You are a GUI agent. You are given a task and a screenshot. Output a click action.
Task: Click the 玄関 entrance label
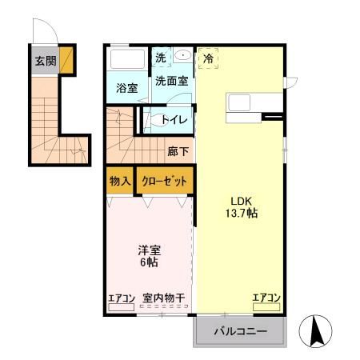pyautogui.click(x=44, y=61)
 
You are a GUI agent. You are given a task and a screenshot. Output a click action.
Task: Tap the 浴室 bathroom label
pyautogui.click(x=126, y=87)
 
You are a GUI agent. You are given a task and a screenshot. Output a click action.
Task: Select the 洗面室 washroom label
pyautogui.click(x=171, y=81)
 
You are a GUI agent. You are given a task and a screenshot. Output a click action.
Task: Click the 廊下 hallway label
pyautogui.click(x=178, y=151)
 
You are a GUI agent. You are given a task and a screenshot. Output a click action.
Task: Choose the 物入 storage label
pyautogui.click(x=119, y=181)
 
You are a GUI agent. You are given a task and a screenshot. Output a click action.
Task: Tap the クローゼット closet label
pyautogui.click(x=164, y=181)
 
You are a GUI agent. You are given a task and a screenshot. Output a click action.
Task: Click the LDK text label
pyautogui.click(x=242, y=201)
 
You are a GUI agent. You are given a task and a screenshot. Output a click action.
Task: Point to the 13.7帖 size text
pyautogui.click(x=242, y=214)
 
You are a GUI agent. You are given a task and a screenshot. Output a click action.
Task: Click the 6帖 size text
pyautogui.click(x=148, y=263)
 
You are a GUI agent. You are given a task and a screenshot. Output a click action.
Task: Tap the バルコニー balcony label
pyautogui.click(x=239, y=331)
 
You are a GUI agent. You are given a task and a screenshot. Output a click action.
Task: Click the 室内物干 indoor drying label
pyautogui.click(x=164, y=298)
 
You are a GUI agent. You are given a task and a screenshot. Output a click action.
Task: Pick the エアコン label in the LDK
pyautogui.click(x=266, y=298)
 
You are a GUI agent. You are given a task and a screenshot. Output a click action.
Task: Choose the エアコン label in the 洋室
pyautogui.click(x=122, y=298)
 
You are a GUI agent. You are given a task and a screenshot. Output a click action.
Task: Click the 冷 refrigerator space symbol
pyautogui.click(x=208, y=58)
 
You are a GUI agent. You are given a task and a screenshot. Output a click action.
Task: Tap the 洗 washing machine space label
pyautogui.click(x=161, y=58)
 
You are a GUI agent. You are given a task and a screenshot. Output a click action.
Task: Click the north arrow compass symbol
pyautogui.click(x=314, y=330)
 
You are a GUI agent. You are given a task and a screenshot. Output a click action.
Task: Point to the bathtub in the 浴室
pyautogui.click(x=126, y=61)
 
